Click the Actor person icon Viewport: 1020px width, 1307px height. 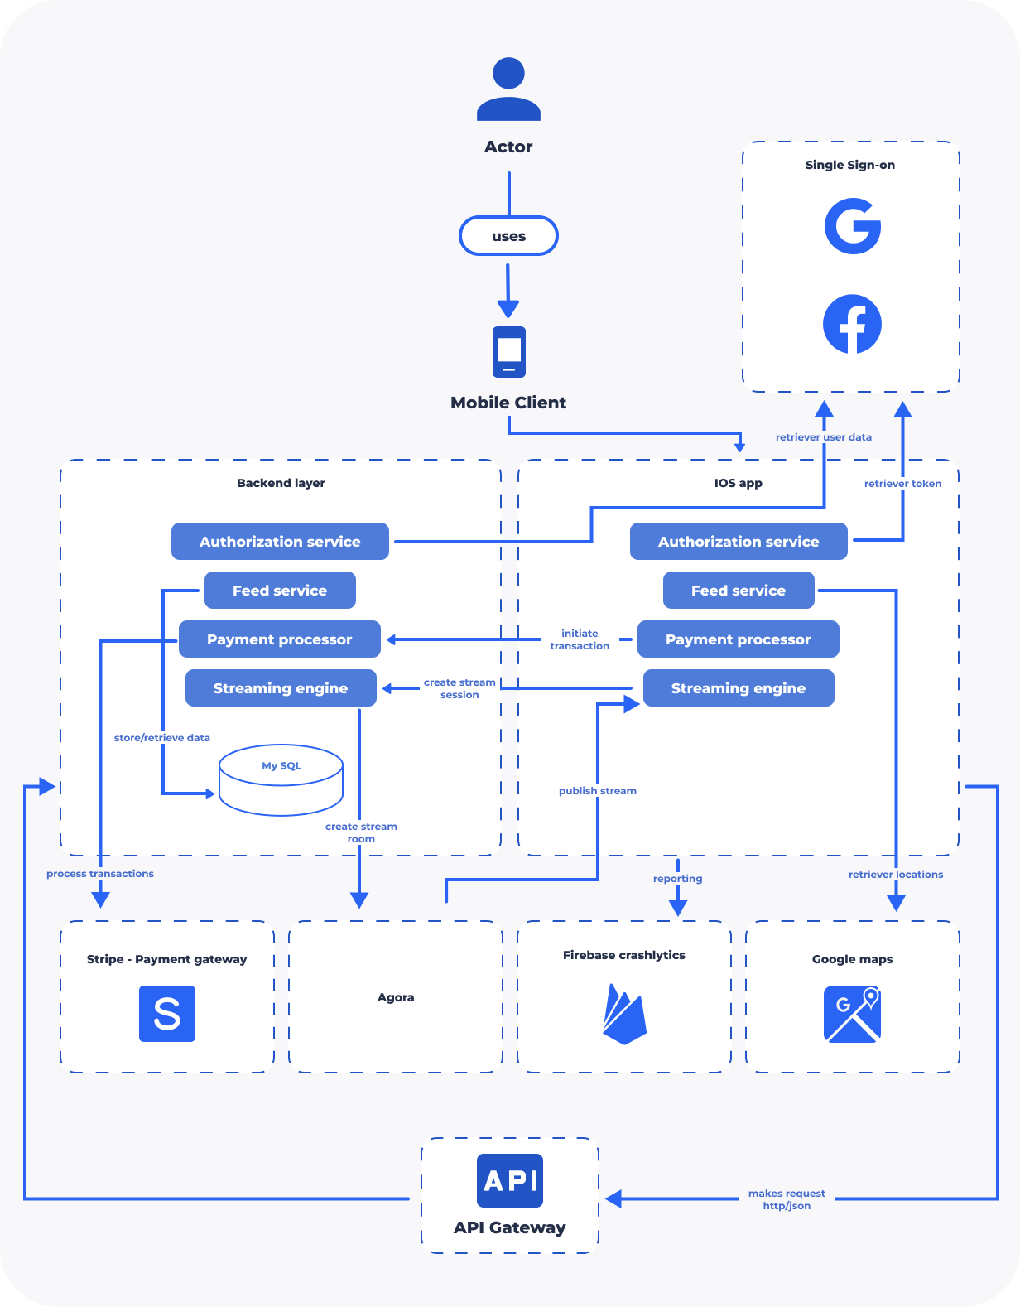508,89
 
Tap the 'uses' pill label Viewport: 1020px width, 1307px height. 508,236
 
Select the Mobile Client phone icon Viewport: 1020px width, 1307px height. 508,352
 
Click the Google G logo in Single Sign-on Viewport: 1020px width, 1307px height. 852,226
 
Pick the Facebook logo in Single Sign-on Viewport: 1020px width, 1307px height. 852,324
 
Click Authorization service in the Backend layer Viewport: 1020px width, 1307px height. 280,542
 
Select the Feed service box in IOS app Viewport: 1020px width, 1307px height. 739,590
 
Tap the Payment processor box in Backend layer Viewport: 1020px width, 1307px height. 280,639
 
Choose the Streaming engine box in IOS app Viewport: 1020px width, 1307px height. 739,687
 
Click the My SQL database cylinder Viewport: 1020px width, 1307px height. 281,780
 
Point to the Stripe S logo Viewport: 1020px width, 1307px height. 167,1014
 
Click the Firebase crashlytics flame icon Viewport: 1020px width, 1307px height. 624,1014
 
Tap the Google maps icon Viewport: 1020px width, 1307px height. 852,1014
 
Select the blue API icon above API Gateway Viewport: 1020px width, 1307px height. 510,1181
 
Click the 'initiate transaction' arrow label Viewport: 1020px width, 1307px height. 580,639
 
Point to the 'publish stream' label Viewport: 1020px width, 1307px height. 598,791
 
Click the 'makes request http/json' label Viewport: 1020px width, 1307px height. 787,1199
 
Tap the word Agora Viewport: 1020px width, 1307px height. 396,997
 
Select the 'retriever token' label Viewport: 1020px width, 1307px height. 902,484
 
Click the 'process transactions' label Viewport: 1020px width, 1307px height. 100,873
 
